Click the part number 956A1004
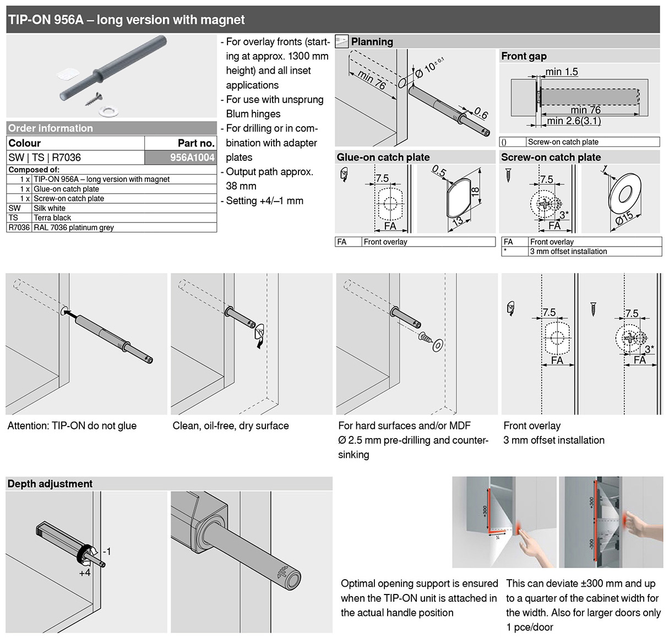click(x=192, y=157)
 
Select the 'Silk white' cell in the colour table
click(x=50, y=208)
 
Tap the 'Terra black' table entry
click(x=52, y=218)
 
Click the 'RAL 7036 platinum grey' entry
click(x=74, y=227)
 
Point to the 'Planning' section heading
click(x=372, y=42)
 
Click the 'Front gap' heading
click(x=524, y=56)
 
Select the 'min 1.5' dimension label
click(x=562, y=72)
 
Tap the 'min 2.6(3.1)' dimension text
click(x=574, y=121)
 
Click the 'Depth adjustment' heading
click(x=50, y=484)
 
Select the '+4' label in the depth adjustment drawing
click(x=84, y=572)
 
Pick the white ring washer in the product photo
click(x=108, y=111)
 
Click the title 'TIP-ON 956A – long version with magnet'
click(x=127, y=20)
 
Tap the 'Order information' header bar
click(x=51, y=128)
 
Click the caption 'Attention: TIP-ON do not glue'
click(x=72, y=426)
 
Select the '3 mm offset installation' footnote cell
click(x=568, y=252)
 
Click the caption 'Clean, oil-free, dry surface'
click(x=231, y=426)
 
